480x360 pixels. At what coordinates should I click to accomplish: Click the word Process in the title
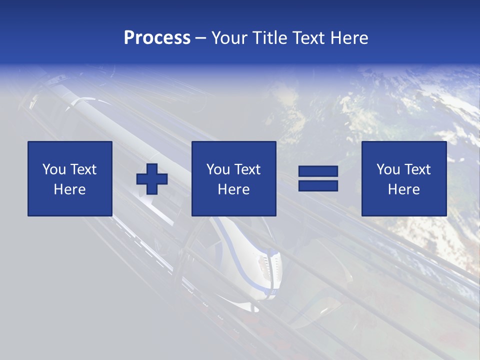point(157,38)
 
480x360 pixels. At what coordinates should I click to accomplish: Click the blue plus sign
point(152,179)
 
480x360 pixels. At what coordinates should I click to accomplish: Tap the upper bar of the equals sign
point(318,171)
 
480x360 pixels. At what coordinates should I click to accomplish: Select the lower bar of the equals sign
point(318,185)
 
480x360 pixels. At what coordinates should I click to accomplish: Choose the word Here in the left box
point(69,189)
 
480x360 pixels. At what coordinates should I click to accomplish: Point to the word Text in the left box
point(83,169)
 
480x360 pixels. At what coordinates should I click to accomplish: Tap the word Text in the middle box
point(247,169)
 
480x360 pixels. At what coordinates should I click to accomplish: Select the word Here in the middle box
point(233,189)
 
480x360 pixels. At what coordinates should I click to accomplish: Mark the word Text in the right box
point(417,169)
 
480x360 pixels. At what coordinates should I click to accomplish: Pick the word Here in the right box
point(403,189)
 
